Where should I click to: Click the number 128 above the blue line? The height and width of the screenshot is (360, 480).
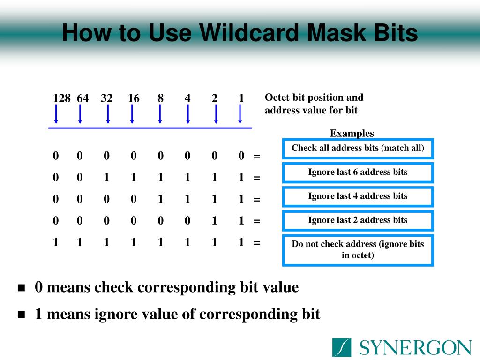pos(61,98)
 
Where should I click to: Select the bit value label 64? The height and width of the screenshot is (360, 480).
pos(83,98)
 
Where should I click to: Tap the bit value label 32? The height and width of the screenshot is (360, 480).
pos(106,98)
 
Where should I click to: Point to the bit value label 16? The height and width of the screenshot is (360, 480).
pos(134,98)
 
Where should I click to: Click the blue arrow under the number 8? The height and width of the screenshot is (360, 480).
pos(161,114)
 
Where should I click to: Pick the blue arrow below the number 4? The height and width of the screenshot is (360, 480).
pos(188,114)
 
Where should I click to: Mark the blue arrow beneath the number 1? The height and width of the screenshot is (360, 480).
pos(240,114)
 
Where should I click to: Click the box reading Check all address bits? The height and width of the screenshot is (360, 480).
pos(358,149)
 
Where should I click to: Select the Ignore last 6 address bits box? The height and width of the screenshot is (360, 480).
pos(358,172)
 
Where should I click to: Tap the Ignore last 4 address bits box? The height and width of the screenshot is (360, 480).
pos(358,196)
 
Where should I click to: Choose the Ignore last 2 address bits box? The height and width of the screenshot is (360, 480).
pos(358,220)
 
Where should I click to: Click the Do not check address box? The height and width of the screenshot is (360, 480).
pos(358,250)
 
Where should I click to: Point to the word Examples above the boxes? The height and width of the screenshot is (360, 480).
pos(352,134)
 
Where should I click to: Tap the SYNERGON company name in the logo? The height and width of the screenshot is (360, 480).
pos(415,348)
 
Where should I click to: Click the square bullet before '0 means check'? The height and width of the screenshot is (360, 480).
pos(21,288)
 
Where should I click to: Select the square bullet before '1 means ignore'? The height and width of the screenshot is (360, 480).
pos(21,315)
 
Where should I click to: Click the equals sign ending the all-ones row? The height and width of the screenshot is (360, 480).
pos(256,243)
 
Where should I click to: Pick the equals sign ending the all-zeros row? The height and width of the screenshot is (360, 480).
pos(256,157)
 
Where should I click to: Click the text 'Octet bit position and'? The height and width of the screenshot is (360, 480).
pos(314,98)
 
